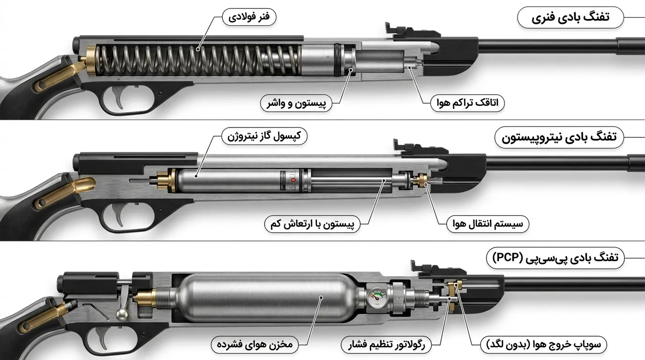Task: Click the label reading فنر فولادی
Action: (x=249, y=17)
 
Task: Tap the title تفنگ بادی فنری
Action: (x=570, y=17)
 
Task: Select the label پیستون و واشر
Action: (x=296, y=103)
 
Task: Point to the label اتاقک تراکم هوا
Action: (x=467, y=103)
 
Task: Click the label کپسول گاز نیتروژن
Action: (x=264, y=136)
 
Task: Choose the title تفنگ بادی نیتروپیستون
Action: (x=559, y=137)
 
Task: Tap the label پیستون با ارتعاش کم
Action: (x=312, y=224)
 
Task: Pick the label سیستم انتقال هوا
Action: (x=487, y=224)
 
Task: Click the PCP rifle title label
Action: (x=555, y=258)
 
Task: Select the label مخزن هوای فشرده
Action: (x=255, y=345)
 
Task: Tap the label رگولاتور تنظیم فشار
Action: (x=386, y=345)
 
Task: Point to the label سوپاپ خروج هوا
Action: (x=544, y=345)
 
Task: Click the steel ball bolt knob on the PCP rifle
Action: (x=122, y=315)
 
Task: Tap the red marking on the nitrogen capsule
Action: (x=293, y=180)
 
